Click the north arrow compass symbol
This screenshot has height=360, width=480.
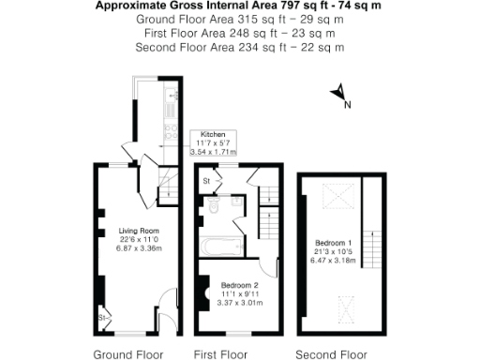[340, 94]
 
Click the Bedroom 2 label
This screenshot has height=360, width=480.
[239, 285]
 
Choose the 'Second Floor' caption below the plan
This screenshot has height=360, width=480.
[331, 354]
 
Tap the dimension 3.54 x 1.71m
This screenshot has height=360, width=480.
[213, 151]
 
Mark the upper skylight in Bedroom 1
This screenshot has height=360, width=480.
[334, 196]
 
